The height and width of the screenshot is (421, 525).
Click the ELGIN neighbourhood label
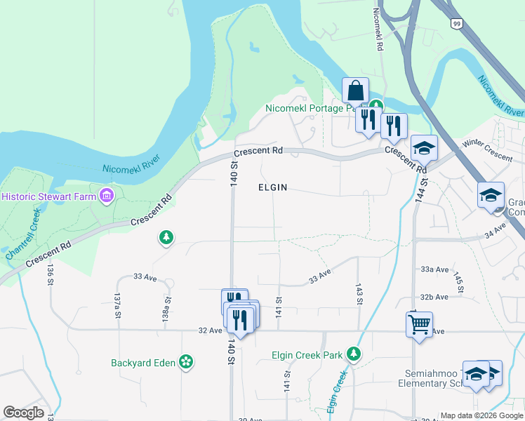pos(273,188)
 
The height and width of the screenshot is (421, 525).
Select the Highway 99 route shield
pos(456,23)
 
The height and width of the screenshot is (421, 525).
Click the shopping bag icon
pos(355,91)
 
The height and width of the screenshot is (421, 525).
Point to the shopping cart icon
pos(419,324)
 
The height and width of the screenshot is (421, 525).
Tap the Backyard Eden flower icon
pos(186,362)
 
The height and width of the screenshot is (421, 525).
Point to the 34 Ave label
pos(495,229)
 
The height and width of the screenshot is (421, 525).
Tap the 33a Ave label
pos(434,269)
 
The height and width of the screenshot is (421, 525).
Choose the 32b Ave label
pos(434,297)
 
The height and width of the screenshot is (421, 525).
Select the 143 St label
pos(359,295)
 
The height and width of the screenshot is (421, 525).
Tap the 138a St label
pos(167,307)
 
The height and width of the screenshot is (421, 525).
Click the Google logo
pos(24,413)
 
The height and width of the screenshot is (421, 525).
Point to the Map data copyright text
pos(481,415)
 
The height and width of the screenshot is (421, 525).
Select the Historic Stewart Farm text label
pos(48,196)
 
